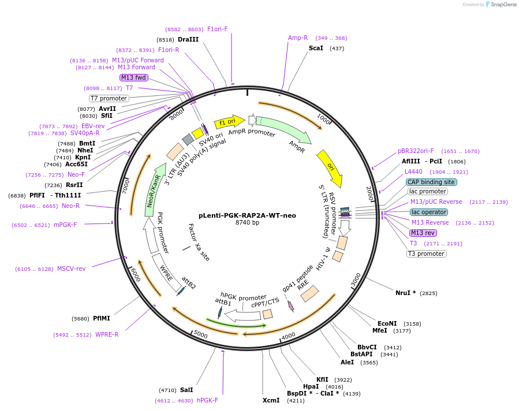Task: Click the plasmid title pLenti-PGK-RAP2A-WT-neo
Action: tap(247, 215)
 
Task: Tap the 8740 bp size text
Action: tap(247, 223)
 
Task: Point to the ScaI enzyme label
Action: tap(316, 48)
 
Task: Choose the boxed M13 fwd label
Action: tap(133, 77)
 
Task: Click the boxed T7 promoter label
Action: tap(109, 98)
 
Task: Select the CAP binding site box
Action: tap(431, 182)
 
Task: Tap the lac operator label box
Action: tap(429, 212)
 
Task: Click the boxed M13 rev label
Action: tap(423, 233)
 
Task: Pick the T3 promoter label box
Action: tap(426, 254)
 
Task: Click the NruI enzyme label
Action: tap(405, 293)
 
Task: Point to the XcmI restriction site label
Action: tap(271, 400)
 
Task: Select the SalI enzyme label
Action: tap(186, 390)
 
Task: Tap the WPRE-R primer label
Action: tap(107, 334)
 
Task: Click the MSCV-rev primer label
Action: tap(71, 269)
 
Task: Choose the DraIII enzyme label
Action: tap(188, 39)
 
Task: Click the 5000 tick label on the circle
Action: tap(200, 334)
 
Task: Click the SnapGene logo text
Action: tap(503, 5)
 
